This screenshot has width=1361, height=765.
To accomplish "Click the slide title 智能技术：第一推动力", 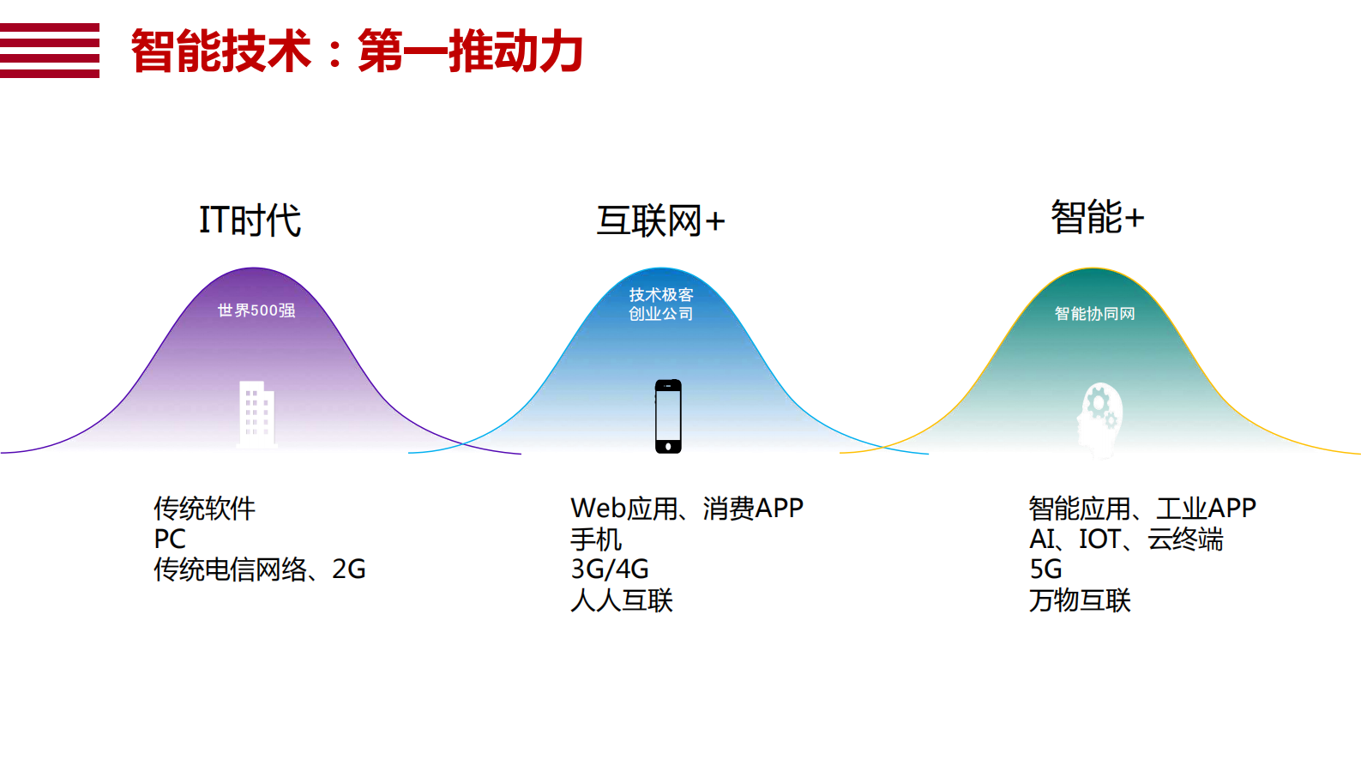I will (x=357, y=51).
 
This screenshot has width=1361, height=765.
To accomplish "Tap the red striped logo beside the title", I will (x=50, y=51).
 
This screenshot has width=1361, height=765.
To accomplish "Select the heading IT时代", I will (x=250, y=220).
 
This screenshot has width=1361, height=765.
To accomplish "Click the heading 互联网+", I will (x=660, y=221).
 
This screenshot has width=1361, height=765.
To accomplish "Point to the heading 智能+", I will (x=1097, y=217).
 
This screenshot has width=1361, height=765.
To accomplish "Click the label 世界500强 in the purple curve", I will (x=256, y=310).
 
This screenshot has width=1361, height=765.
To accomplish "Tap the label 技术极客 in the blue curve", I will (x=661, y=295).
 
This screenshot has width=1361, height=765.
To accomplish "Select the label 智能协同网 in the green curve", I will (x=1094, y=314).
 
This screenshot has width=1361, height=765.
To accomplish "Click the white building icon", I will (x=256, y=414).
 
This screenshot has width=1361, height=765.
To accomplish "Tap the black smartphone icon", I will (x=668, y=416).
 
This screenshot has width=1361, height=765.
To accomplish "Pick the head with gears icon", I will (x=1099, y=419).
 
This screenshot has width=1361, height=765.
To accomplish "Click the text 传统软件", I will (x=204, y=509).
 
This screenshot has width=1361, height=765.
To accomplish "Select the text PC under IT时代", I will (x=170, y=539).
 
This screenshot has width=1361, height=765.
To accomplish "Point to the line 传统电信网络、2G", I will (x=259, y=569).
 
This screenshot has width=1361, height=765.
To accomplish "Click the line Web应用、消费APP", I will (x=686, y=509).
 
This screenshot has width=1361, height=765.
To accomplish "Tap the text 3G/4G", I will (x=610, y=569).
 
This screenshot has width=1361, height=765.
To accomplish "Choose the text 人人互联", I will (x=622, y=600).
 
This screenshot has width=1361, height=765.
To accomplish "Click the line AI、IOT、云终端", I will (x=1126, y=539).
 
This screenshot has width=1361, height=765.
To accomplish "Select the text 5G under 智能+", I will (x=1045, y=569).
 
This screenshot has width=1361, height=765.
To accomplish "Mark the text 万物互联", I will (x=1080, y=600).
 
